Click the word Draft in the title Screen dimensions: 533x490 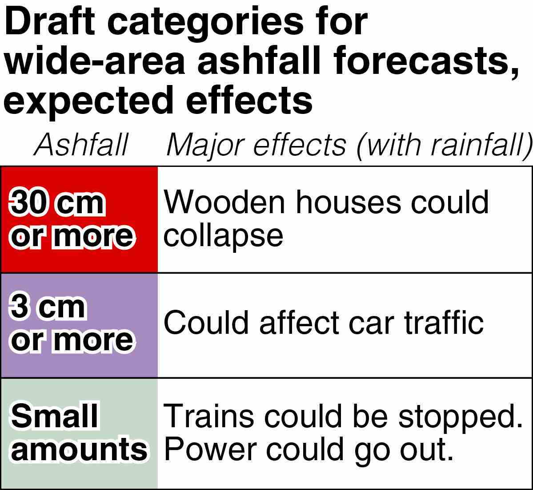[x=50, y=21]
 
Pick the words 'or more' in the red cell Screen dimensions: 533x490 [x=72, y=236]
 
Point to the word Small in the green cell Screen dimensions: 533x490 [x=55, y=416]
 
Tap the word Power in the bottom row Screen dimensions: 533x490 [x=210, y=449]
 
